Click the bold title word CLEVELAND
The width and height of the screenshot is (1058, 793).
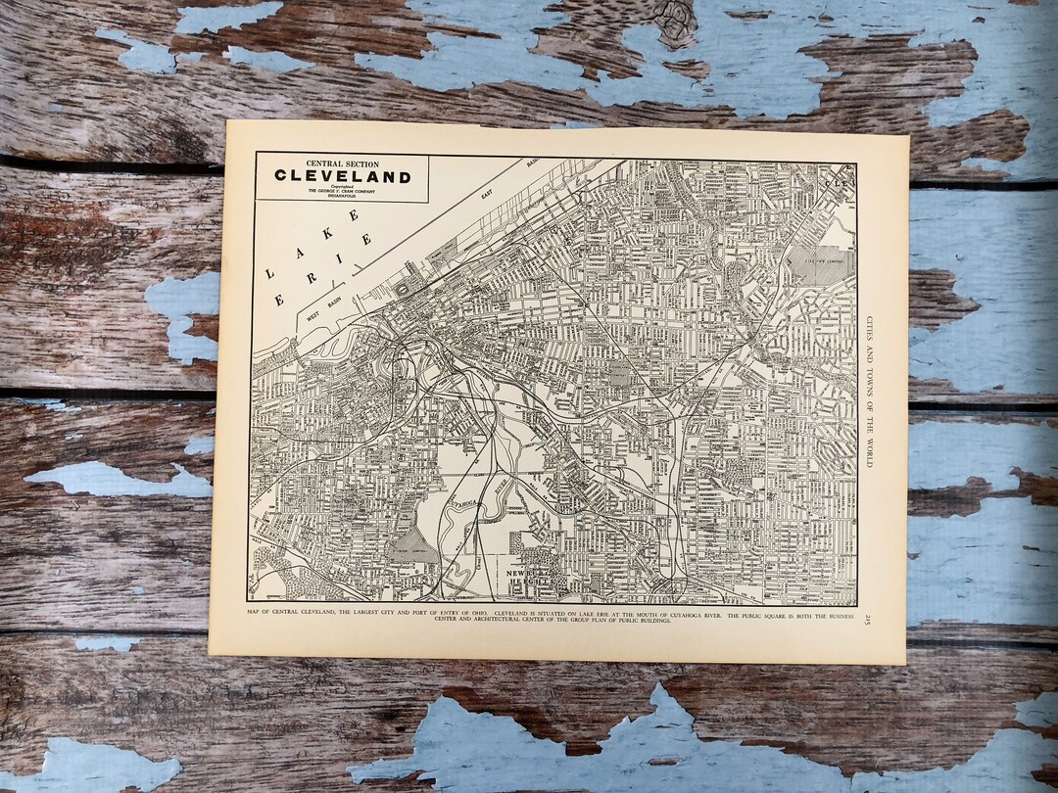(342, 177)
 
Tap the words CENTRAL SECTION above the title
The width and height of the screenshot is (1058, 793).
(342, 163)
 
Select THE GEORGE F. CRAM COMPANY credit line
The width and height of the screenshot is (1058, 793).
(342, 191)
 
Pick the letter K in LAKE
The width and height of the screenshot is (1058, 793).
(326, 233)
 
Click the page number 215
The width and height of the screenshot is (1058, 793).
(867, 624)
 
